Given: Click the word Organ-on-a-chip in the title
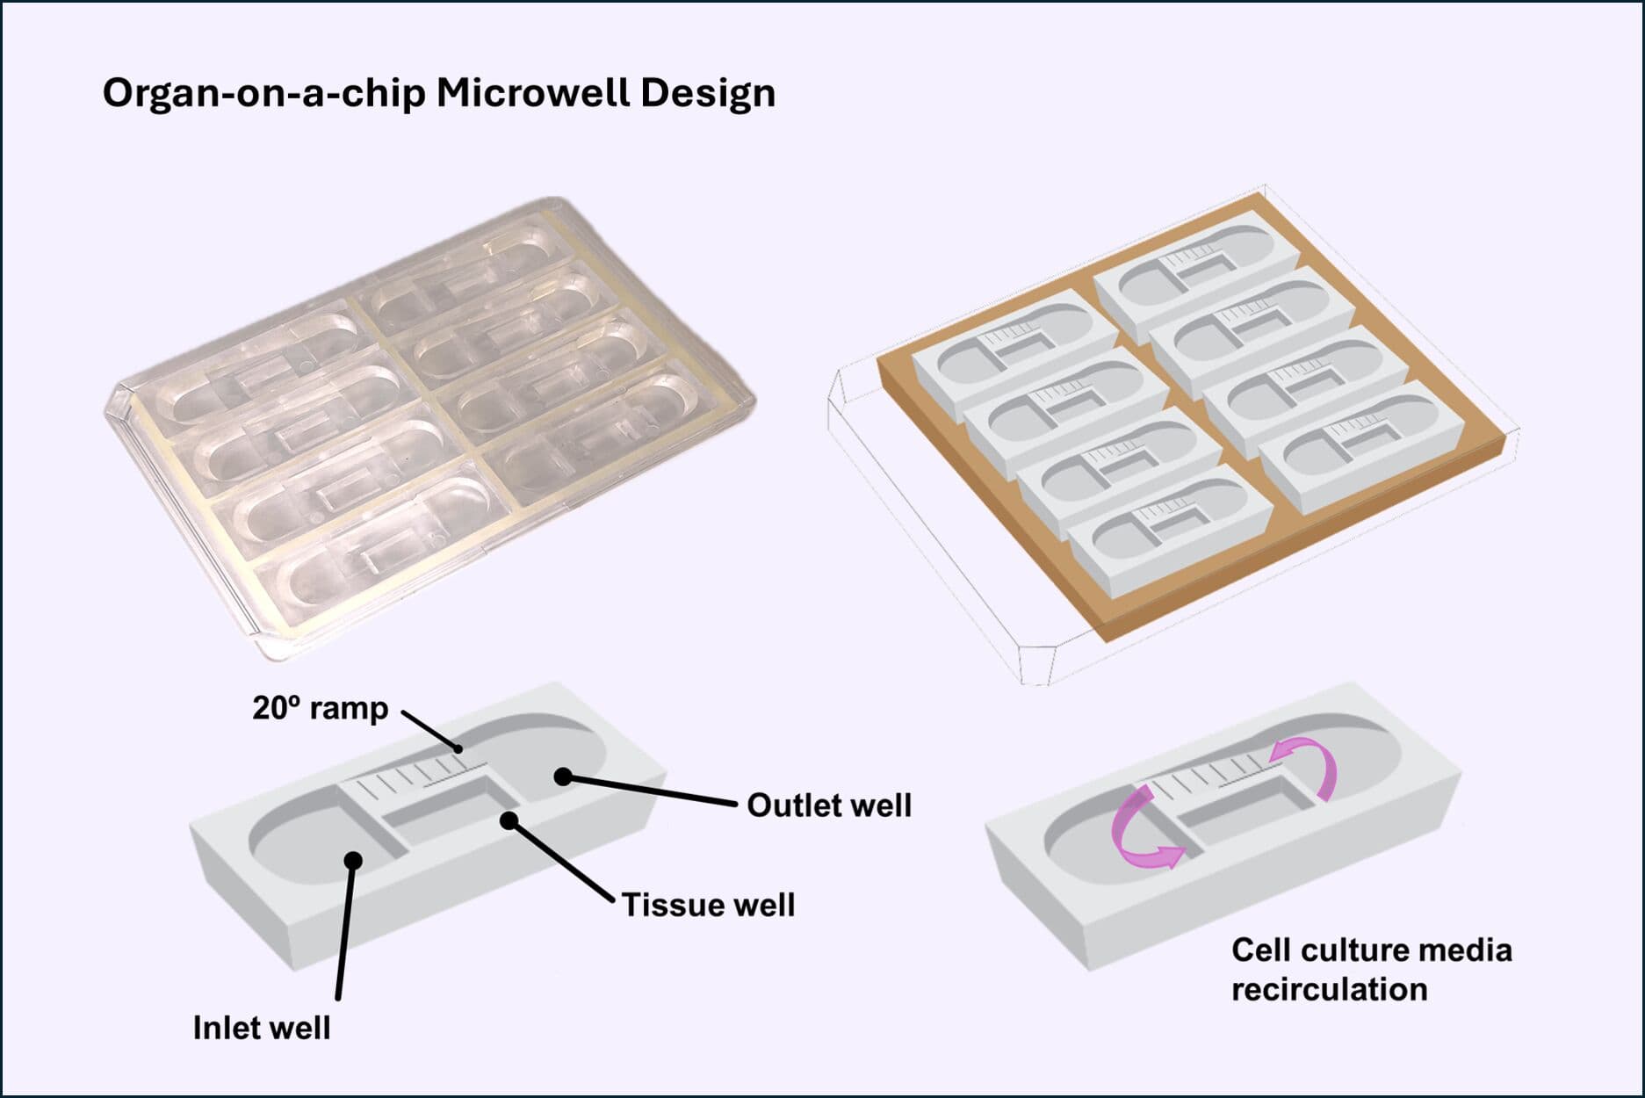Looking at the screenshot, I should pyautogui.click(x=263, y=94).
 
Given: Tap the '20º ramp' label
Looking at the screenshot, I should pyautogui.click(x=320, y=708).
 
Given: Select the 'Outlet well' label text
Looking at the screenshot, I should pyautogui.click(x=828, y=805).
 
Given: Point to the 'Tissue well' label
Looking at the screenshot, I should pyautogui.click(x=708, y=905).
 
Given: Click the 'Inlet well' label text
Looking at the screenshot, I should pyautogui.click(x=262, y=1027).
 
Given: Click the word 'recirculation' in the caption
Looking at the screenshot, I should pyautogui.click(x=1329, y=989).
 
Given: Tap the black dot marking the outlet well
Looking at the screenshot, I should pyautogui.click(x=563, y=777).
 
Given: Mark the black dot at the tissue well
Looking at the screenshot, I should pyautogui.click(x=509, y=820).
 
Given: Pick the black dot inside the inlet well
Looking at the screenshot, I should pyautogui.click(x=353, y=860).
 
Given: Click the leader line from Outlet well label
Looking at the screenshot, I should pyautogui.click(x=650, y=791).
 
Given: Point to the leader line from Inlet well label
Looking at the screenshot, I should pyautogui.click(x=345, y=931).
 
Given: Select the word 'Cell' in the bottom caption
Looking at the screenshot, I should pyautogui.click(x=1261, y=950).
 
